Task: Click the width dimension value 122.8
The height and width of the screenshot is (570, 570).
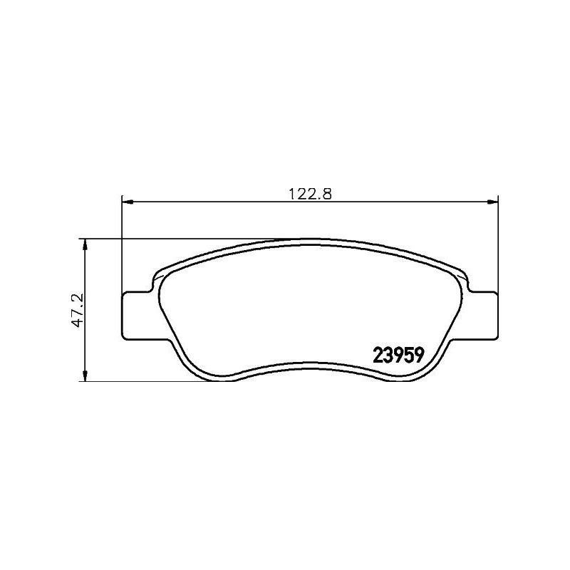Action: [x=310, y=192]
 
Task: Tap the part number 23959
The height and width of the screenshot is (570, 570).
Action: [x=399, y=354]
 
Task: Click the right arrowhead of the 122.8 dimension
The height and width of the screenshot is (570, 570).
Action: [x=492, y=202]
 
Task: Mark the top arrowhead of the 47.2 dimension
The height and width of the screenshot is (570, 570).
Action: [x=85, y=244]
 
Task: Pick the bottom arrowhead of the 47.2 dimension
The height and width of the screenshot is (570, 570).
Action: [x=85, y=375]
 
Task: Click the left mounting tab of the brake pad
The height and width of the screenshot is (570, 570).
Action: [x=136, y=314]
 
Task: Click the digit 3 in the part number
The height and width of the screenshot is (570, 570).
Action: [x=388, y=354]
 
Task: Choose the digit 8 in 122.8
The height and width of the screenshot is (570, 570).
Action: [x=329, y=192]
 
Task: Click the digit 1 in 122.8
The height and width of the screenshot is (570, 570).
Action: [x=291, y=192]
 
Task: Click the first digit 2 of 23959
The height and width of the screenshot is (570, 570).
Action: [x=378, y=354]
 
